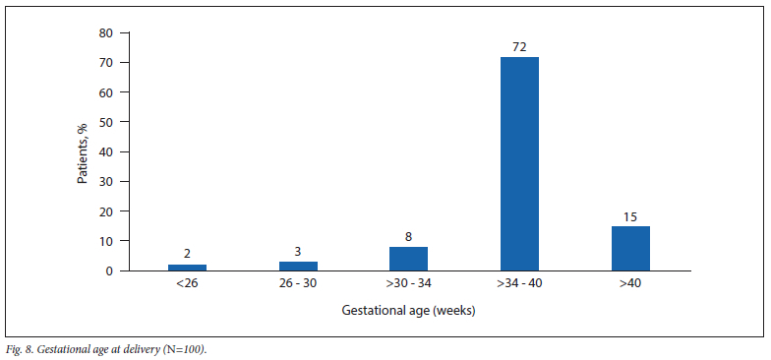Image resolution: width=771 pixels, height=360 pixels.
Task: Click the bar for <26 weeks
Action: [x=187, y=268]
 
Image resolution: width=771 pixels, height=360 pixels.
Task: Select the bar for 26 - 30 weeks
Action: [x=299, y=266]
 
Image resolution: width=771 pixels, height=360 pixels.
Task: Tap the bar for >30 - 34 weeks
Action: [x=409, y=259]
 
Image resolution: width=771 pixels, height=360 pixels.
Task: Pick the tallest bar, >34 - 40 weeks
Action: [x=519, y=163]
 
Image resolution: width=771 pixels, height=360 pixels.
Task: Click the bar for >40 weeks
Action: [x=631, y=248]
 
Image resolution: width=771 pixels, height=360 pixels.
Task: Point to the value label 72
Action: [x=519, y=47]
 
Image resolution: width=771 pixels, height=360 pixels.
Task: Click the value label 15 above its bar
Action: [x=631, y=216]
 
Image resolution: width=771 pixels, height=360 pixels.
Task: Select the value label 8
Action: [x=409, y=237]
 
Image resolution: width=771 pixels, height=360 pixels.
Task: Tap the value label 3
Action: [x=299, y=252]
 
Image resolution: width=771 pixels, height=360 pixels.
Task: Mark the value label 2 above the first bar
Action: [x=187, y=254]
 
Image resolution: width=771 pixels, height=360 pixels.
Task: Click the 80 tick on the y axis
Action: [x=106, y=33]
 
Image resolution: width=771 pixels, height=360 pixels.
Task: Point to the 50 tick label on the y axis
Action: [x=106, y=122]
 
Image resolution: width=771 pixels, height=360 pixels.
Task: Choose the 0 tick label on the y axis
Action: [x=110, y=271]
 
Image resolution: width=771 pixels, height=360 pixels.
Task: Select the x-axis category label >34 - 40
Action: [x=519, y=283]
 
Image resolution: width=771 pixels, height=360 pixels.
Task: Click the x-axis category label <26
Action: [x=187, y=283]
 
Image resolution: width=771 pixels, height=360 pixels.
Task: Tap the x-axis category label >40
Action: [x=631, y=283]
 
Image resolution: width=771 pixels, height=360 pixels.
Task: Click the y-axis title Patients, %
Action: [x=83, y=151]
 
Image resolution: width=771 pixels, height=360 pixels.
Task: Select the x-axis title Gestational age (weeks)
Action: [x=409, y=311]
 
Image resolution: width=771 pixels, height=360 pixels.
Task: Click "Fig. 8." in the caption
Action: [x=20, y=350]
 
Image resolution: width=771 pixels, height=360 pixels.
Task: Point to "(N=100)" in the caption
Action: [x=192, y=350]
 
